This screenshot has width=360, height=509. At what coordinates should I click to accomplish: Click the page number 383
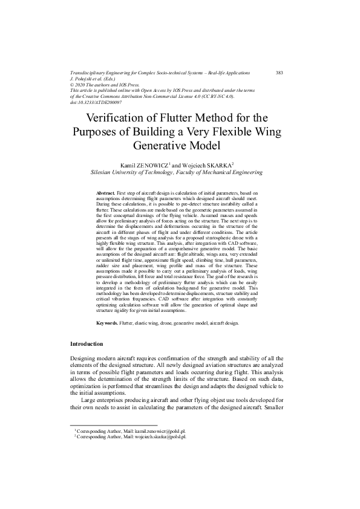(279, 73)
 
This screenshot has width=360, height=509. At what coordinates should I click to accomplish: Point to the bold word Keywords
(107, 323)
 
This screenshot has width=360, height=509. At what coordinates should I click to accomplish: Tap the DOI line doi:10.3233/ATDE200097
(96, 102)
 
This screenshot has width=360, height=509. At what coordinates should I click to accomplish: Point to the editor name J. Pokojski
(86, 79)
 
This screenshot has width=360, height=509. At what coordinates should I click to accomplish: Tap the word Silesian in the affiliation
(102, 172)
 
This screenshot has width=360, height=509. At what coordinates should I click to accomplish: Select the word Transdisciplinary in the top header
(90, 73)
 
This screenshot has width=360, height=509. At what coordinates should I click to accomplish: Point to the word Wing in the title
(266, 132)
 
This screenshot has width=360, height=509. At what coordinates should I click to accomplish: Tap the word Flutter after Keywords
(126, 323)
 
